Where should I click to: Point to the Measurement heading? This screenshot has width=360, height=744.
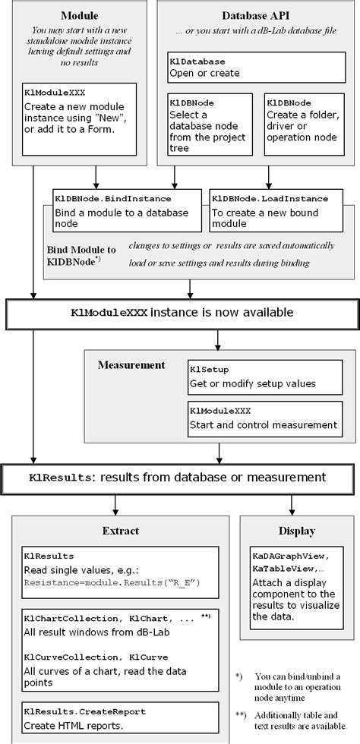(131, 365)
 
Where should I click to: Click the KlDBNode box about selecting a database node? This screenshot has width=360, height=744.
(210, 123)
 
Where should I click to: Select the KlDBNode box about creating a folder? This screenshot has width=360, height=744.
(304, 123)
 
